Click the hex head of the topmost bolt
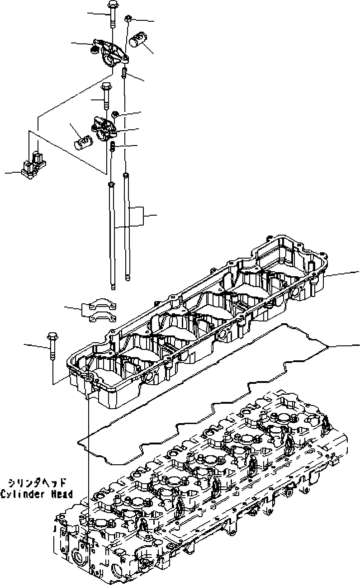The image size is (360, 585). pyautogui.click(x=111, y=5)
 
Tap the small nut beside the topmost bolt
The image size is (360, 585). pyautogui.click(x=129, y=19)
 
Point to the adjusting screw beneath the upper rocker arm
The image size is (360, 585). pyautogui.click(x=123, y=71)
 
